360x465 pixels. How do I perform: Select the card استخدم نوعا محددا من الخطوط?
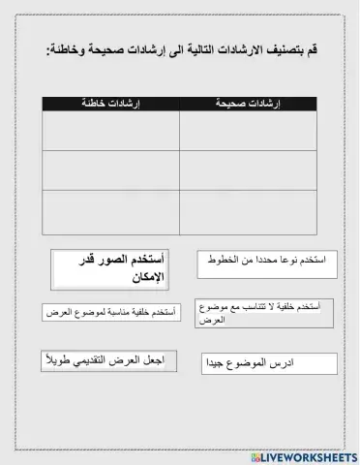coord(266,263)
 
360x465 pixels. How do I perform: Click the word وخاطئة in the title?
coord(70,50)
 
